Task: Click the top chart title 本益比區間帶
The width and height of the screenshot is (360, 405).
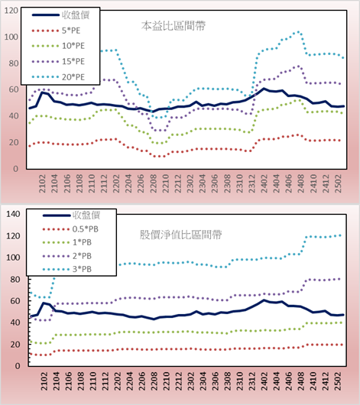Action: tap(174, 26)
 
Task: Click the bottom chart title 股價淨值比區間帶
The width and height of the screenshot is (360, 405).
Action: tap(180, 235)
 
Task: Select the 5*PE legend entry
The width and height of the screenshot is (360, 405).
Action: tap(56, 31)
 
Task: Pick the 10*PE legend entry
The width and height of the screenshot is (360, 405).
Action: tap(58, 46)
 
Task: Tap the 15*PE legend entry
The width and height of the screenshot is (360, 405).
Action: tap(58, 61)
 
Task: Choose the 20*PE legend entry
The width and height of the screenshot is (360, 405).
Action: tap(58, 77)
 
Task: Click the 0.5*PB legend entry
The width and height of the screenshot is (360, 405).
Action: tap(70, 229)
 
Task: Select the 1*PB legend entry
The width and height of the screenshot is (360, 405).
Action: tap(67, 242)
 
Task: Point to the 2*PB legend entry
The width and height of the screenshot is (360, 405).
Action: tap(67, 256)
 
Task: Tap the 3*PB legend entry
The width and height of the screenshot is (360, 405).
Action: tap(67, 269)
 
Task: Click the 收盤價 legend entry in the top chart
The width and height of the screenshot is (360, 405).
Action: tap(60, 15)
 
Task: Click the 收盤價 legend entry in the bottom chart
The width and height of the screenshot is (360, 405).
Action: tap(71, 215)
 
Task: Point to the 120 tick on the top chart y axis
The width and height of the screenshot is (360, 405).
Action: tap(11, 11)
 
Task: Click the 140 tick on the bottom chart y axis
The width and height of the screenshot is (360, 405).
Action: tap(13, 214)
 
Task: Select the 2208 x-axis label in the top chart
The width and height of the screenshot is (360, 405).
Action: tap(154, 183)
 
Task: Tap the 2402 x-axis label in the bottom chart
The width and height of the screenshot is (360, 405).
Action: tap(264, 381)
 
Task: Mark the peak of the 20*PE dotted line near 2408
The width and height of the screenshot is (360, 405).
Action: tap(298, 32)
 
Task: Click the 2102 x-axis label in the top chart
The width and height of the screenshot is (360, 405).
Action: tap(42, 183)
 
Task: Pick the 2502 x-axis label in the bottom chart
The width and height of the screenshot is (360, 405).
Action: tap(339, 381)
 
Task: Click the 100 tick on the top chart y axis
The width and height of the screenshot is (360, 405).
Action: tap(11, 37)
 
